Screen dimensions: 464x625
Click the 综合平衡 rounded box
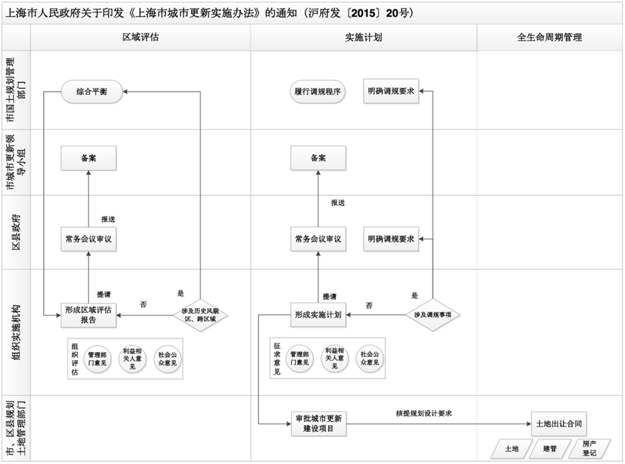(92, 91)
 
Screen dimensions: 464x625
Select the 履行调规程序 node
(317, 91)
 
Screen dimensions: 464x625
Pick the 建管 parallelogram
(549, 448)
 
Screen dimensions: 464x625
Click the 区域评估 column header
(141, 38)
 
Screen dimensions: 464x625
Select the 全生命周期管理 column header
(549, 38)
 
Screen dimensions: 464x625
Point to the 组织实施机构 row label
(15, 332)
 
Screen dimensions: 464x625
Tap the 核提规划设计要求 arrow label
(424, 413)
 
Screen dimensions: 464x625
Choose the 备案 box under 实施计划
(318, 158)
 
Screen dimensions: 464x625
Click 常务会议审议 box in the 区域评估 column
(88, 239)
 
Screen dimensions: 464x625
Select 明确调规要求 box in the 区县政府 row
(392, 239)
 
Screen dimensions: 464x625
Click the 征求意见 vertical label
(278, 358)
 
